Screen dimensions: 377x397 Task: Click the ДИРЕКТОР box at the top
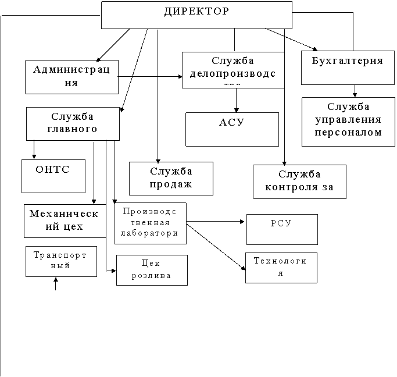pos(196,15)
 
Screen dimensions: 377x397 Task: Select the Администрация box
pos(71,77)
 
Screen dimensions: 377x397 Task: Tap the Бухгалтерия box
pos(348,67)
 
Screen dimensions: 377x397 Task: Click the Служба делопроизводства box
pos(233,70)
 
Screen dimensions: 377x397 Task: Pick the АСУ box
pos(232,129)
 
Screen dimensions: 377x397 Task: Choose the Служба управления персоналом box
pos(348,122)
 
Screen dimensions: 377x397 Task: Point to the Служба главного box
pos(73,123)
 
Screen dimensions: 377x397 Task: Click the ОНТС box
pos(53,176)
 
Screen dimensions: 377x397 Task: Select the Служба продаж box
pos(171,178)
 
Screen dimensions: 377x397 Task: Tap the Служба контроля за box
pos(299,182)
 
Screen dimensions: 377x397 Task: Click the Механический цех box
pos(65,220)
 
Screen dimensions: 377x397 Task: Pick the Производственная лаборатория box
pos(150,223)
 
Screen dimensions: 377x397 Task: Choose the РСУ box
pos(282,229)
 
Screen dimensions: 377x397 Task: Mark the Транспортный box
pos(61,261)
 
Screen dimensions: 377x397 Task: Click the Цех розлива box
pos(152,270)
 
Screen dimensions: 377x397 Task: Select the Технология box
pos(281,268)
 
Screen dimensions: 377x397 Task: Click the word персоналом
pos(348,132)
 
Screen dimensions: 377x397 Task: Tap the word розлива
pos(152,276)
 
